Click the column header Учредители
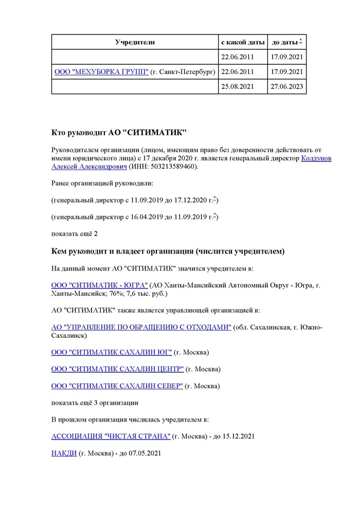click(135, 42)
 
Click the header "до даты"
click(284, 42)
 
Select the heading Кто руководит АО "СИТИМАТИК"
click(119, 133)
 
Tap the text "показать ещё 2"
click(75, 234)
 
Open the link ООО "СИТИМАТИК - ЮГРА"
click(100, 285)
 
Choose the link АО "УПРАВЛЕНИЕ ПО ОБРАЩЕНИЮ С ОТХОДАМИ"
click(141, 328)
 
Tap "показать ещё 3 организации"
click(95, 403)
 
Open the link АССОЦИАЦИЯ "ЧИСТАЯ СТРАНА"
click(111, 436)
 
